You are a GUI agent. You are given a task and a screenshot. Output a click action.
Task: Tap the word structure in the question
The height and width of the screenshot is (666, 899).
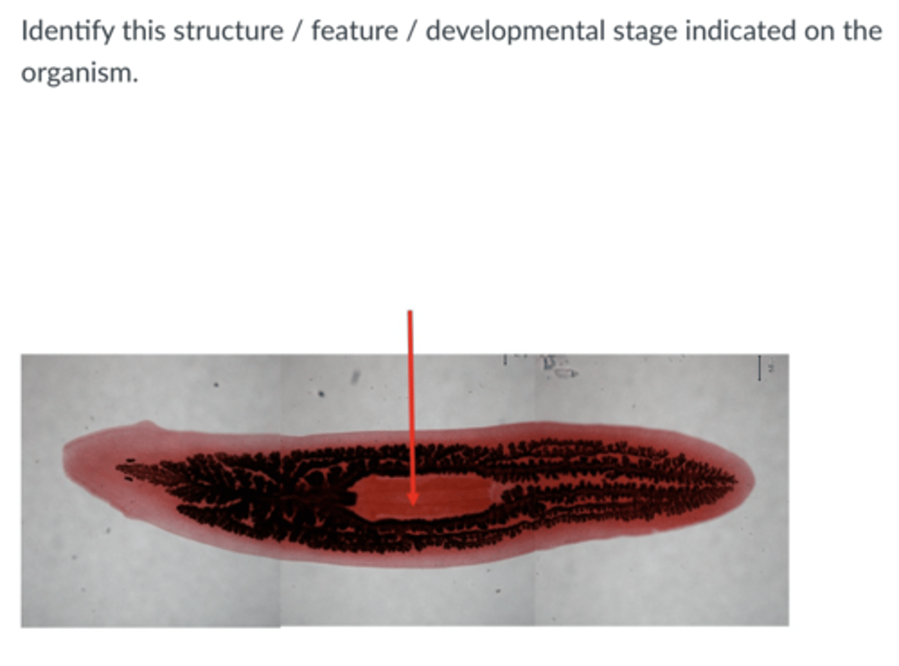coord(228,31)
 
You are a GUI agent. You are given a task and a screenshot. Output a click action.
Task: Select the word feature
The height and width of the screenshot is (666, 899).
coord(355,31)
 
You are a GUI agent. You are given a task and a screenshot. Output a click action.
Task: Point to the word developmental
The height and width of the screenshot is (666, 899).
coord(515,31)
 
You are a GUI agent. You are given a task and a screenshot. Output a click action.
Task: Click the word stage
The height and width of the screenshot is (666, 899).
coord(644,31)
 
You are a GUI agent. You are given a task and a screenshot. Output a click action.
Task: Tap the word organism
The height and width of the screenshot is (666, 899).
coord(79,73)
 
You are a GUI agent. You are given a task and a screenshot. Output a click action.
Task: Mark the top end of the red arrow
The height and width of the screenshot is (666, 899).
coord(410,312)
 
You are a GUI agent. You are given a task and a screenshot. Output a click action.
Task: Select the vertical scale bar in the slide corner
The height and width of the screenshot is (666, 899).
coord(759,368)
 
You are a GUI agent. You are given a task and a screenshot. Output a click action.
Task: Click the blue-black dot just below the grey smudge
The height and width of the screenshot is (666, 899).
coord(322,393)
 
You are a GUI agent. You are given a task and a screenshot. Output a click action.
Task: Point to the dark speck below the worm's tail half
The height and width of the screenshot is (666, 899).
coord(497,589)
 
